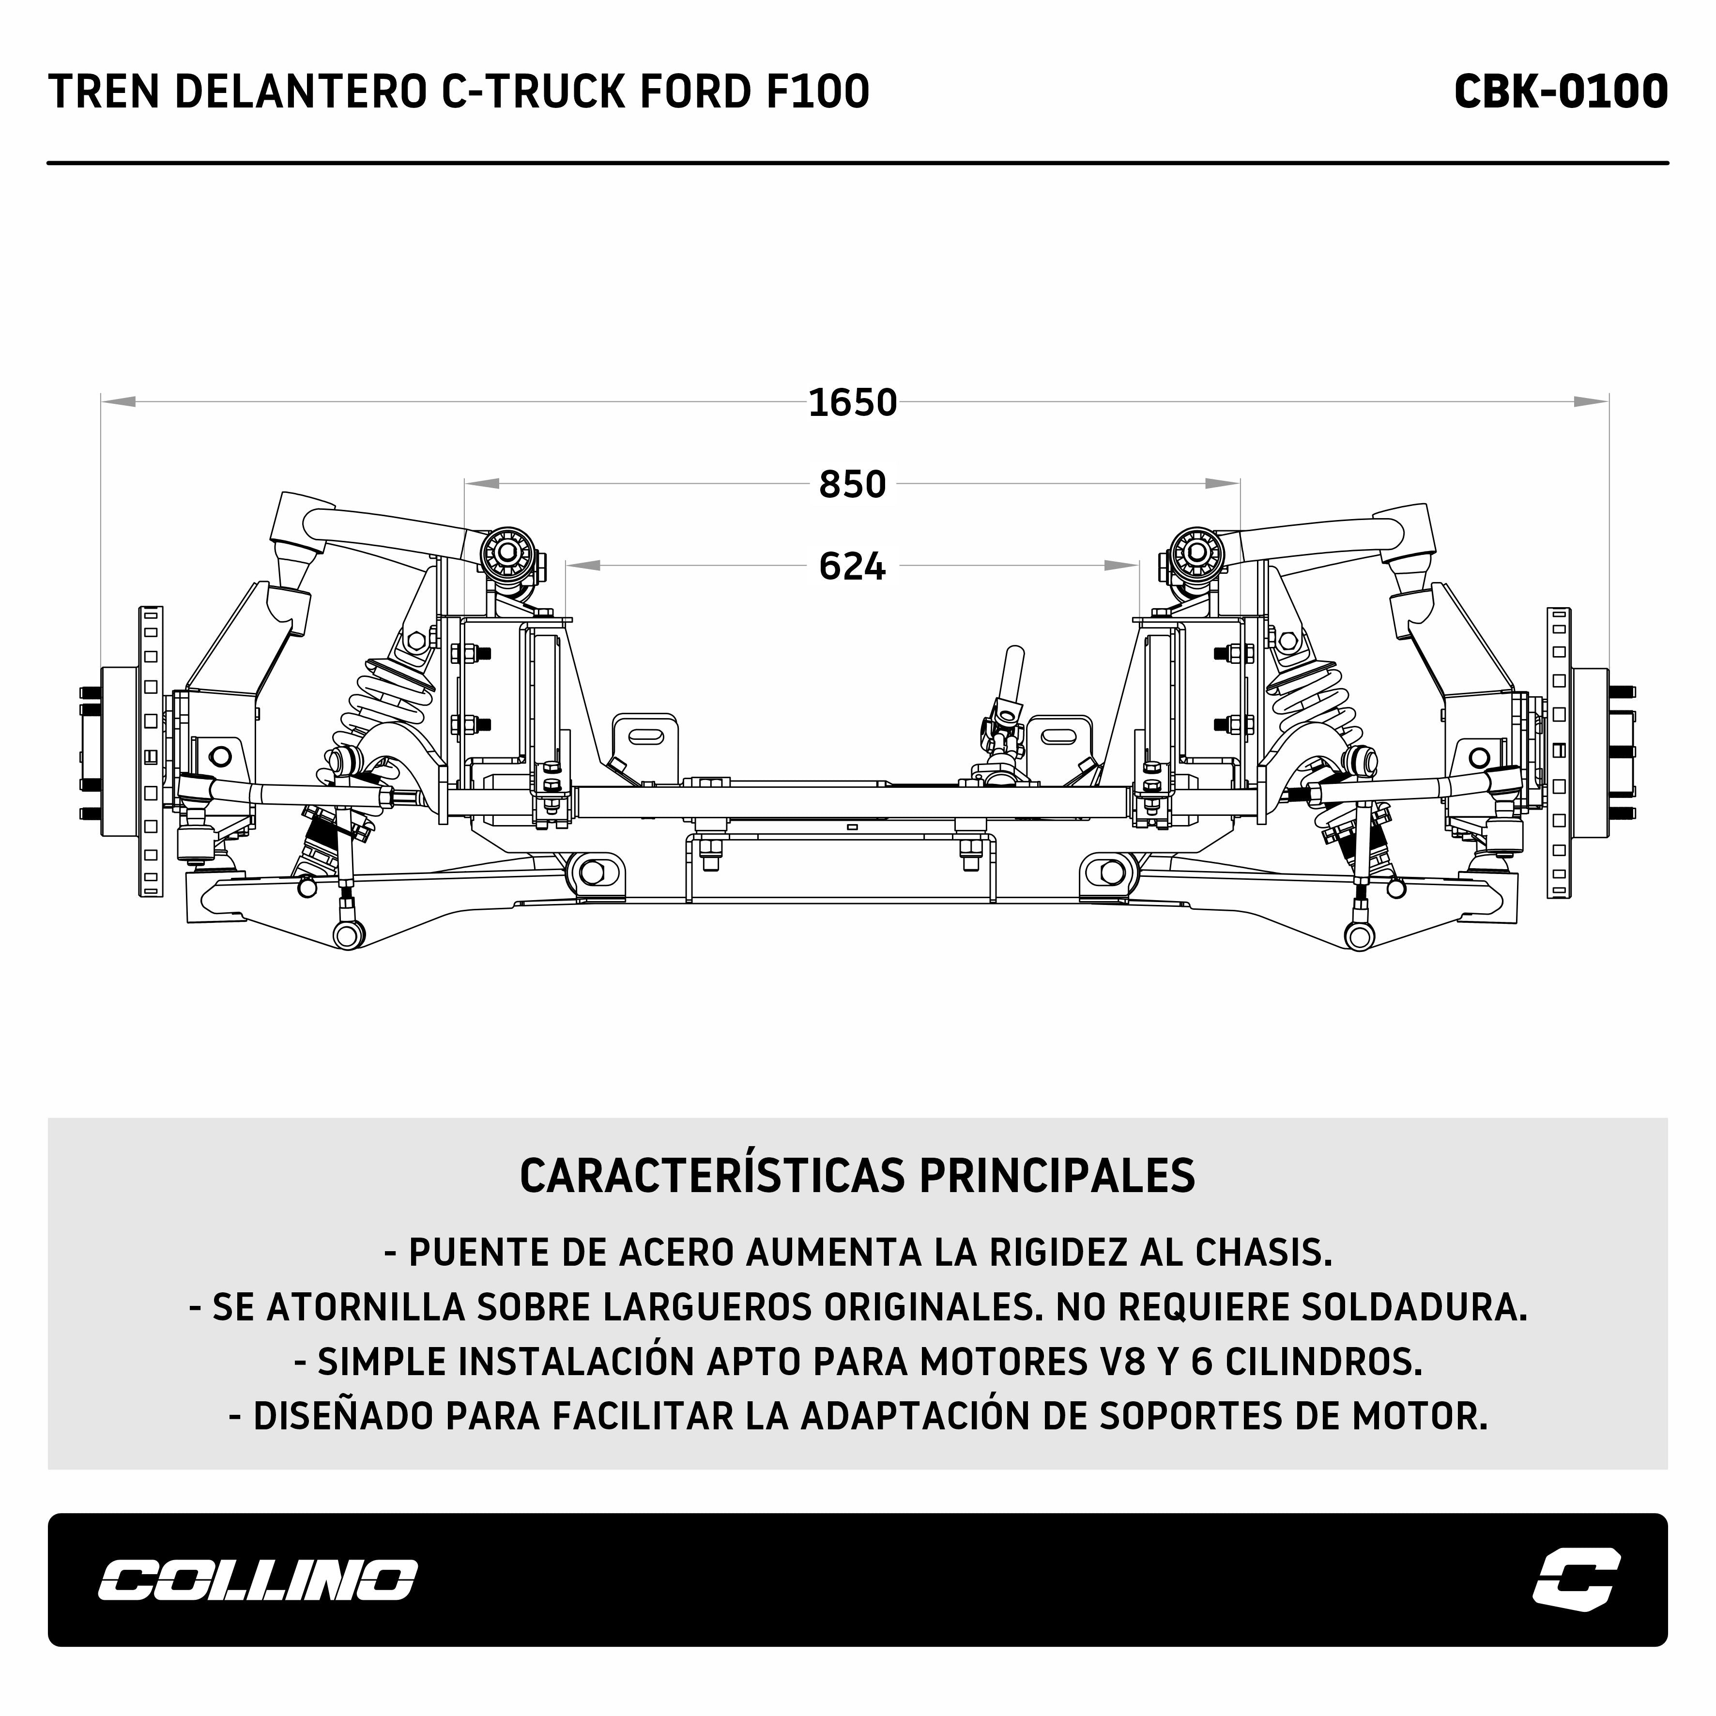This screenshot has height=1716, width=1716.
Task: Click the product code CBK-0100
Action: (1561, 92)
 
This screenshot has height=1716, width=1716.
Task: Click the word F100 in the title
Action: (817, 92)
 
